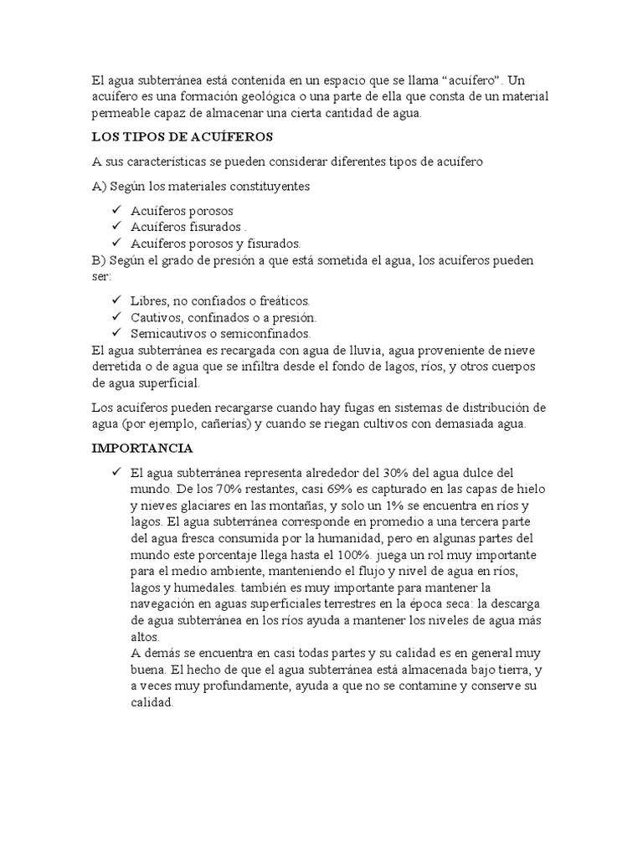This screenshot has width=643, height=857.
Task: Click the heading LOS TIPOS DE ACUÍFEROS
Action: click(183, 136)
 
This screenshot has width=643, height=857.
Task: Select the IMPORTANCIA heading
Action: click(142, 449)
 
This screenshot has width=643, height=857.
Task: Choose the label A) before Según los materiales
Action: click(100, 186)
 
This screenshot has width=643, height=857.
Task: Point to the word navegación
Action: click(167, 605)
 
